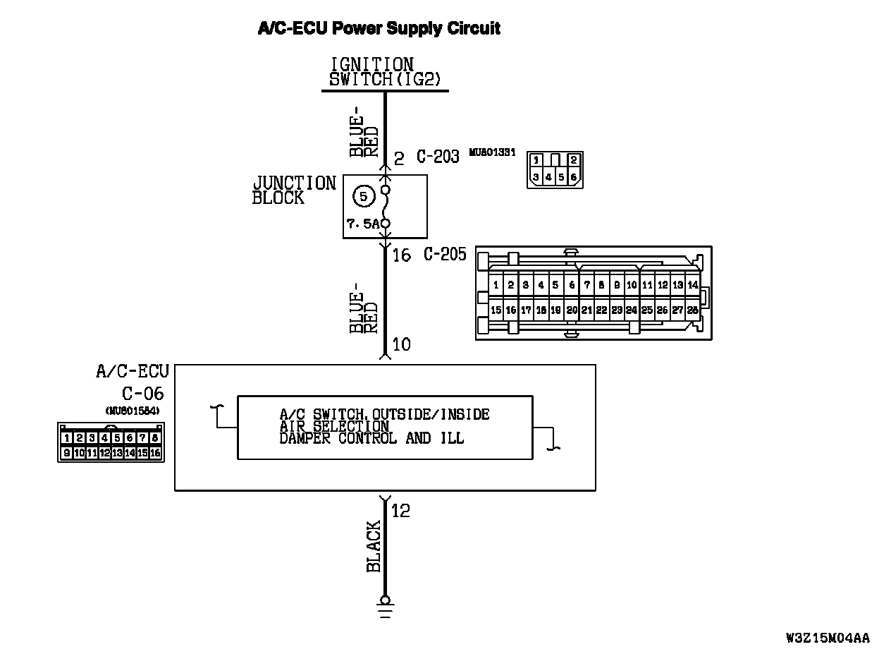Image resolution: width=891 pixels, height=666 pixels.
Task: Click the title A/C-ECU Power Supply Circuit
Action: (x=379, y=28)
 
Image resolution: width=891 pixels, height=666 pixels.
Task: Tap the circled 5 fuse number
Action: (x=364, y=197)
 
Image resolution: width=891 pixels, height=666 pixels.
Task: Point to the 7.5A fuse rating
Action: (x=362, y=224)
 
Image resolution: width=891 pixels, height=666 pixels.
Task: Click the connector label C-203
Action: (x=437, y=157)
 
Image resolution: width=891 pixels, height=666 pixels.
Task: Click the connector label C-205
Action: (x=445, y=254)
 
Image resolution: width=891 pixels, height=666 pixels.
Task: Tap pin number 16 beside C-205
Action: (x=401, y=255)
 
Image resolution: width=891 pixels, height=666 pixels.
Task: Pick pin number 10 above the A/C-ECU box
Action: (x=401, y=345)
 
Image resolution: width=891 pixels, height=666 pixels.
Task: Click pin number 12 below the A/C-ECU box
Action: (x=400, y=510)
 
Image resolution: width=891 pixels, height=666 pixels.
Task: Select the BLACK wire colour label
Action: (x=374, y=546)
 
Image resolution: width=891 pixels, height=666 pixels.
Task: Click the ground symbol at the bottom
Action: (x=385, y=605)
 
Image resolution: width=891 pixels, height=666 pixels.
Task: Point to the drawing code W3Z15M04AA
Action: (x=828, y=638)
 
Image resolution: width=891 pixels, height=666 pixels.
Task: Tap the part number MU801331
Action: (x=492, y=150)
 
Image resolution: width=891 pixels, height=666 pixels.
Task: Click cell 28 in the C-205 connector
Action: (x=692, y=310)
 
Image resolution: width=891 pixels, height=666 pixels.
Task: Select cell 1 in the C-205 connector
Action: (x=496, y=286)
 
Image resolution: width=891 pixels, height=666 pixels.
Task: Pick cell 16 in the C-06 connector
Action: (x=155, y=453)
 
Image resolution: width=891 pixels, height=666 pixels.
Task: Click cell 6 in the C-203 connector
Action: (x=574, y=177)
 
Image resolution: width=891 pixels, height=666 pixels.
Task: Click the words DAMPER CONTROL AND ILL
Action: (x=371, y=438)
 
